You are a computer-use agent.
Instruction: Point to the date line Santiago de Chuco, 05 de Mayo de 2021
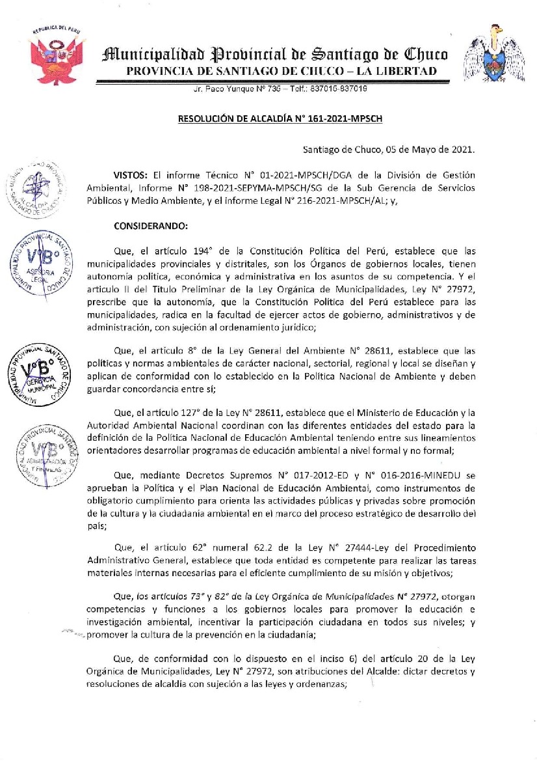(389, 149)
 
